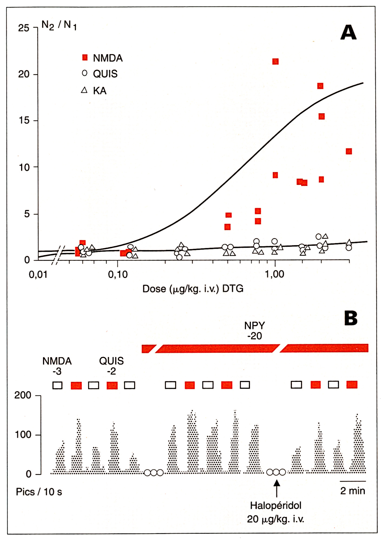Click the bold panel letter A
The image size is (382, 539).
348,32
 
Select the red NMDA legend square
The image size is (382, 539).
85,57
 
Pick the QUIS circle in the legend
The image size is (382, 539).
85,73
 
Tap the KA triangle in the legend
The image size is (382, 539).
84,90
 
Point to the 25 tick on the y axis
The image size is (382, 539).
24,28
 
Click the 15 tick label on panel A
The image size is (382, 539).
24,120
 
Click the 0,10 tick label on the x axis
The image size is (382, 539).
118,275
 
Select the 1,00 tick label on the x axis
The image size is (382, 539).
275,274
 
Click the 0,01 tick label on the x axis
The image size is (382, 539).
38,275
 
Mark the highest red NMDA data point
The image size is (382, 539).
275,62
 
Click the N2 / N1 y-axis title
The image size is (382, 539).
59,25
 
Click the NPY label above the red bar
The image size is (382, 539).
255,325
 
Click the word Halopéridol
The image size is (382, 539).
275,505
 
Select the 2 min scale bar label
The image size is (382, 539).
353,491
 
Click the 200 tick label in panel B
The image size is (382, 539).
23,395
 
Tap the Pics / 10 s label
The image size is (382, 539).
39,492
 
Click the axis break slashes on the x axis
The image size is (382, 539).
58,255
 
